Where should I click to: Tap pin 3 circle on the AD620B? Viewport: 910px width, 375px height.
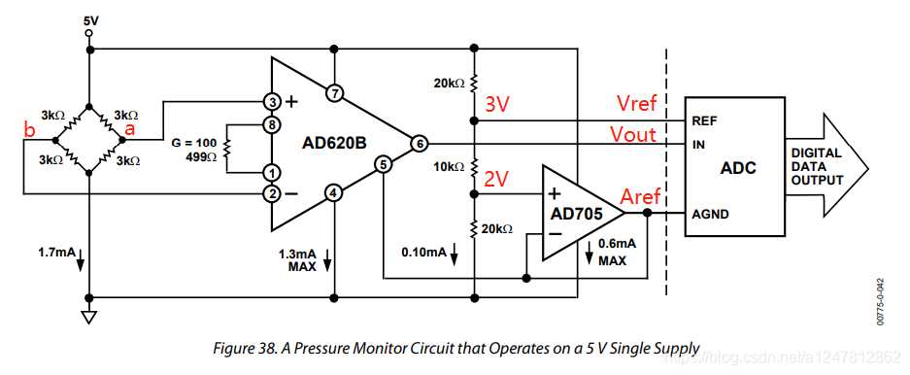pos(275,100)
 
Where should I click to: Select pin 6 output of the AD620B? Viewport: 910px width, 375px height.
pos(419,143)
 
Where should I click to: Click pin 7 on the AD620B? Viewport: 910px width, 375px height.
pos(333,94)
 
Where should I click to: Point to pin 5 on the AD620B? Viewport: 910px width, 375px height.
pos(384,165)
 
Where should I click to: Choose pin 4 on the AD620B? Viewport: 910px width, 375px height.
pos(333,192)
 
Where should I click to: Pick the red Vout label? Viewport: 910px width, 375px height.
pos(633,134)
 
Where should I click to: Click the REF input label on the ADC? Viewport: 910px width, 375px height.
pos(704,122)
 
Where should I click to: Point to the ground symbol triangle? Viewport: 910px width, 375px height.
pos(89,317)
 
